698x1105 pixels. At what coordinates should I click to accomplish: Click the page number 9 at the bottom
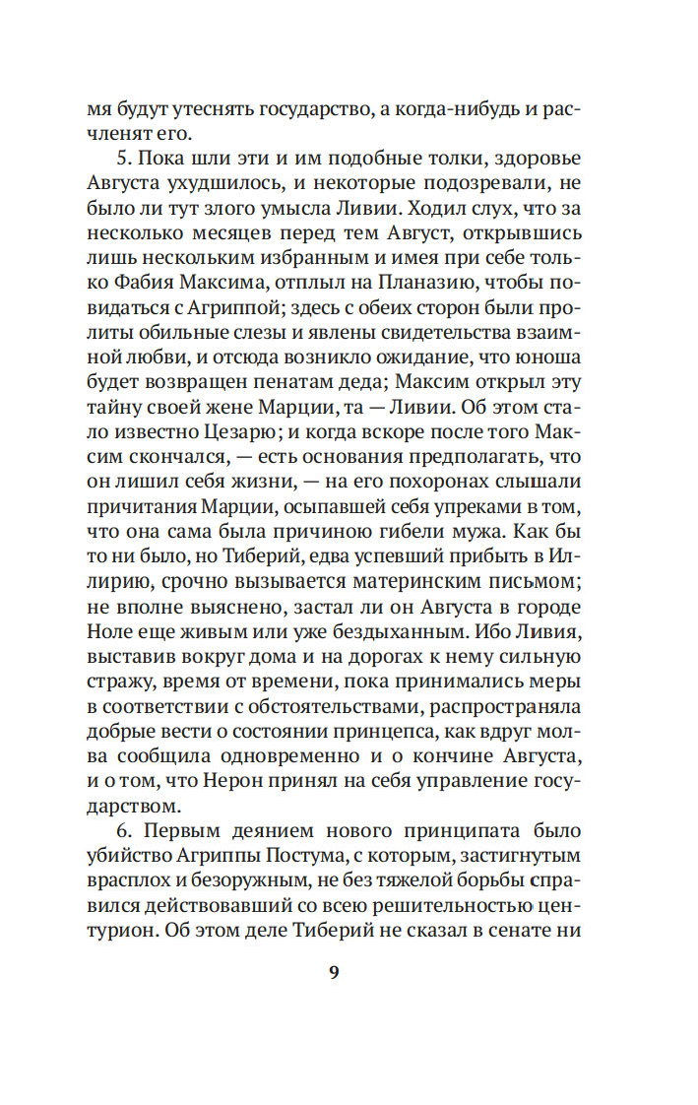point(333,971)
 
